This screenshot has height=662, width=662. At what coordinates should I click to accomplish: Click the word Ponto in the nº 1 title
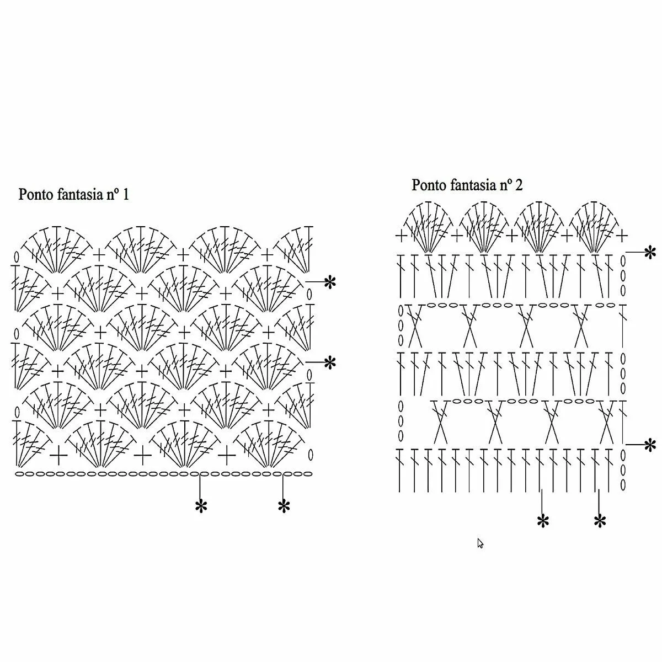[36, 194]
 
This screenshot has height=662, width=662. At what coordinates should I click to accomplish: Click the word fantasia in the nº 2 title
[472, 185]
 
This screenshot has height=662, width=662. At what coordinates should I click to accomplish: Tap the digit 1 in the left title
[126, 194]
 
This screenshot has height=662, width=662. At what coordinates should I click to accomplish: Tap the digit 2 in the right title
[519, 185]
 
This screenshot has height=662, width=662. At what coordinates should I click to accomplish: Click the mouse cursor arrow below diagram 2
[480, 543]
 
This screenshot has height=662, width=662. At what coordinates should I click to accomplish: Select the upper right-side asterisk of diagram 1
[330, 282]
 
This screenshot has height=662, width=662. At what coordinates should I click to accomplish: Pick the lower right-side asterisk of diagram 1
[330, 363]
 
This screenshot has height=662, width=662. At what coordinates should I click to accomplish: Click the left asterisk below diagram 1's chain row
[201, 506]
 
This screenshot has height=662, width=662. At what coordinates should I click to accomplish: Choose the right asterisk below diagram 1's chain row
[284, 506]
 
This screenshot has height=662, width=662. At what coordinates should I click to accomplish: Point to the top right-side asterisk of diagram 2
[650, 253]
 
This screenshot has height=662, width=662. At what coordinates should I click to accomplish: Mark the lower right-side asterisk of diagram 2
[650, 445]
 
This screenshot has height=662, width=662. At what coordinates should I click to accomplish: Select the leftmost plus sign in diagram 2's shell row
[401, 236]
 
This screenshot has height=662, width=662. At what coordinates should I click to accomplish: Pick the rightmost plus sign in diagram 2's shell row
[622, 236]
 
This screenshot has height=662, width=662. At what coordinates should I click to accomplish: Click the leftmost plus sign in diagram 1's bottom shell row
[58, 456]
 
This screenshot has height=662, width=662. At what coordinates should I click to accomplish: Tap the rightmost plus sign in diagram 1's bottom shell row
[226, 456]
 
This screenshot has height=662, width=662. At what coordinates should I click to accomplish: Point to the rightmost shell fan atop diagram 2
[595, 227]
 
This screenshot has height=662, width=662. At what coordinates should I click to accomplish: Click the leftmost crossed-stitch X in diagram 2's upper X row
[414, 325]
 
